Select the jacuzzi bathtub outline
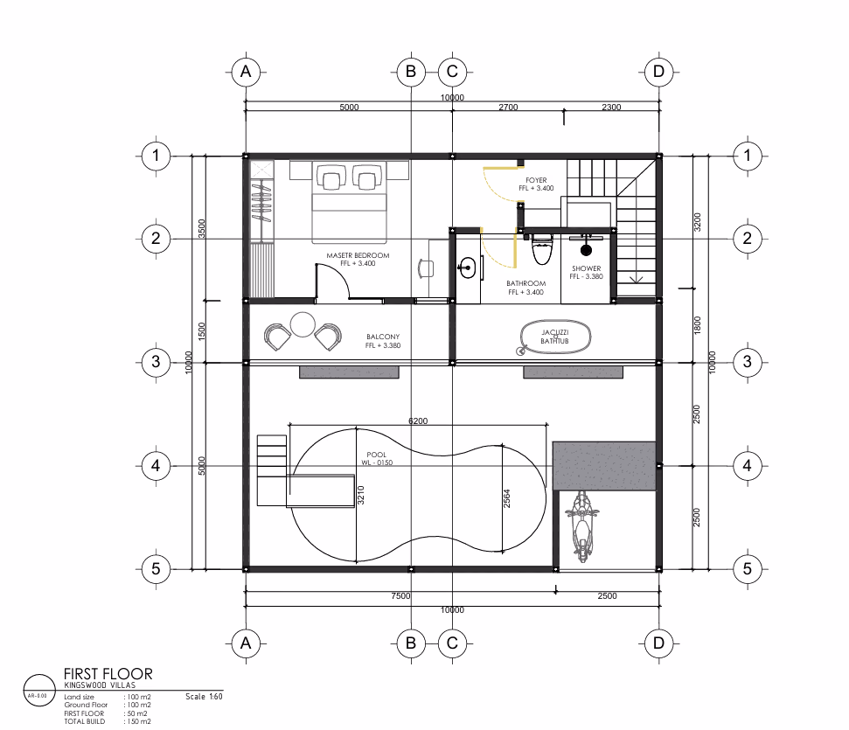pos(555,337)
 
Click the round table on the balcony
pos(303,325)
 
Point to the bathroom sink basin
pos(467,268)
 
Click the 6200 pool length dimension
pos(418,421)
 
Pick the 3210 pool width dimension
pos(360,495)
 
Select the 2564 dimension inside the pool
pos(507,498)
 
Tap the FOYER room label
pos(536,180)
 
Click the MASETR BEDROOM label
pos(358,255)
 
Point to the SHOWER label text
pos(587,268)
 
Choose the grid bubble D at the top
pos(658,72)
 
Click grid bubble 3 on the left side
pos(156,362)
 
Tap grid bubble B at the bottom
pos(410,643)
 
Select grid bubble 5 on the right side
pos(748,568)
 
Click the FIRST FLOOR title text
pos(108,674)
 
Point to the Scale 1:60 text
pos(204,697)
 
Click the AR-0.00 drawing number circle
pos(39,690)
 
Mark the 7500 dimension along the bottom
pos(400,595)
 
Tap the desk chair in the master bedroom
pos(426,268)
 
